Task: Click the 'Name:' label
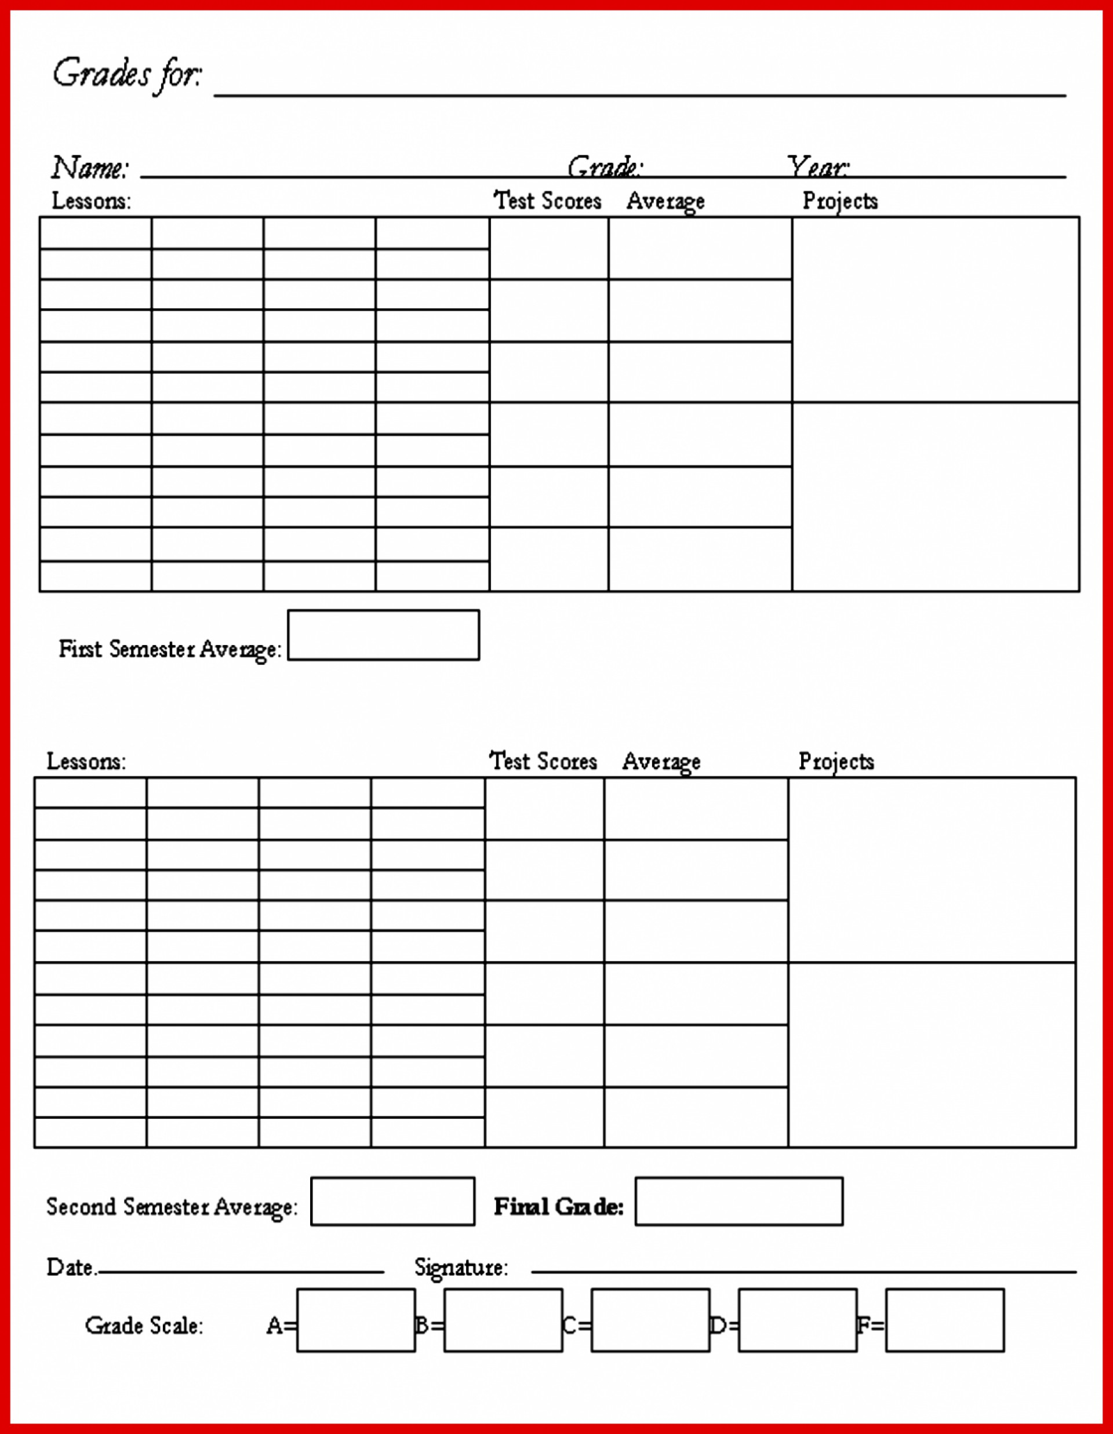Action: (x=90, y=168)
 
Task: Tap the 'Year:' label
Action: (x=817, y=168)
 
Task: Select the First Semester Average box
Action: (x=384, y=635)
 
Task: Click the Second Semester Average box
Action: (x=392, y=1202)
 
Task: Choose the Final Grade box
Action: (x=739, y=1202)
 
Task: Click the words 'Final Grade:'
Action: (x=558, y=1207)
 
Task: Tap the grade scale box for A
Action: (x=356, y=1320)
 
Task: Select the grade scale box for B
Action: (x=503, y=1320)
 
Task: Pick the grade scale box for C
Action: (x=650, y=1320)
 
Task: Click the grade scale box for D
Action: (x=797, y=1320)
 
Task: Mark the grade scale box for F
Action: (x=944, y=1320)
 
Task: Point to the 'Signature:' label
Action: (x=461, y=1267)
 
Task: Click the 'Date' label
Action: (x=70, y=1267)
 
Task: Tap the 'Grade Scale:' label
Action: (x=144, y=1326)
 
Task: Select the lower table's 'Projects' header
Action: (x=836, y=762)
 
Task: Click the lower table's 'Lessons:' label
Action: (x=86, y=762)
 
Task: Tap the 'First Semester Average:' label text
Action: (x=170, y=649)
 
